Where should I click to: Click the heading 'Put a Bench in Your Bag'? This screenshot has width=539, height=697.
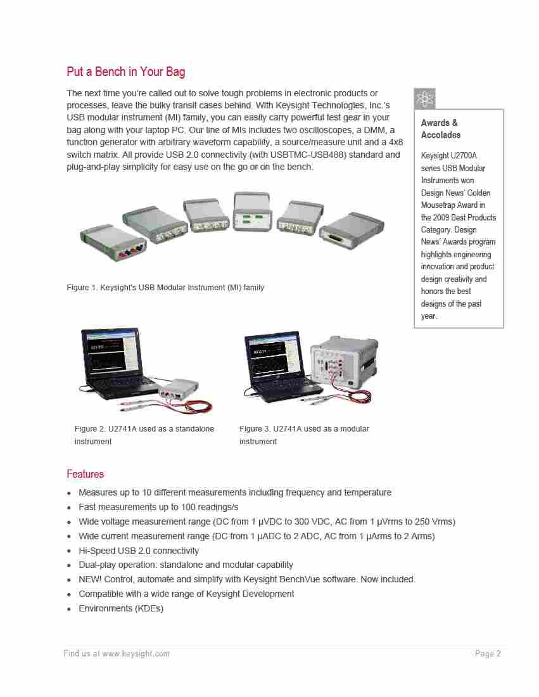[126, 72]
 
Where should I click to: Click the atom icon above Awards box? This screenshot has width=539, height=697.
[424, 99]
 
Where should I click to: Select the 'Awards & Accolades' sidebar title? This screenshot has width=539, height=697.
[440, 129]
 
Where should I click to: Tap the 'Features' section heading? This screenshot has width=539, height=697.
[85, 474]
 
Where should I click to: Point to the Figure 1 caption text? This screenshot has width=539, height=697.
[165, 288]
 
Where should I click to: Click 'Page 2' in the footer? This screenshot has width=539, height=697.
[488, 654]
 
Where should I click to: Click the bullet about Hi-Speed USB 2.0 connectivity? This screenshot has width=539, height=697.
[139, 551]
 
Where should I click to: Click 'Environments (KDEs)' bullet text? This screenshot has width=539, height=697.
[121, 608]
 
